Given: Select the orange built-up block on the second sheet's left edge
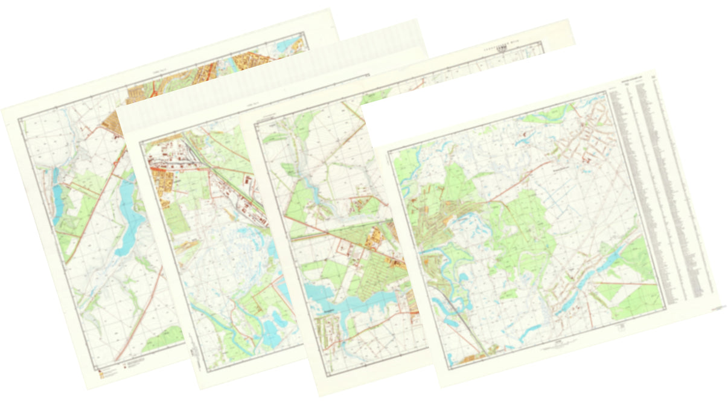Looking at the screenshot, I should (x=162, y=178).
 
